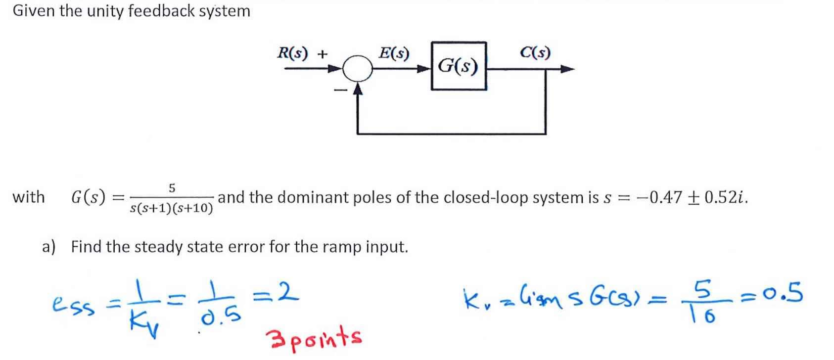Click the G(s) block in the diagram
(459, 66)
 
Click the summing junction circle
(357, 68)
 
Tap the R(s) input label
(292, 52)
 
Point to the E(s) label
(394, 52)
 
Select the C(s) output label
(535, 52)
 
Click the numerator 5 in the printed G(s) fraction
(172, 188)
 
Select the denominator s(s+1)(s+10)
(171, 208)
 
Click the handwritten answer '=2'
(283, 293)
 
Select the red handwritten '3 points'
(314, 339)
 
